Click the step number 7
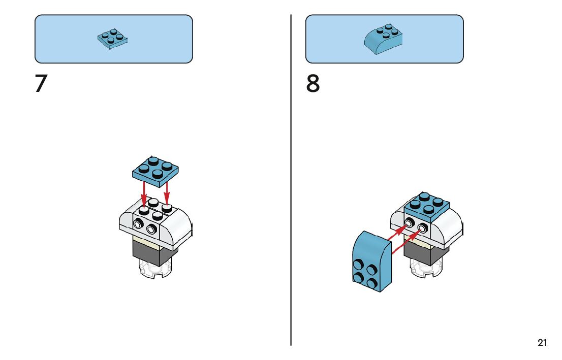tap(41, 84)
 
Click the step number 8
tap(313, 84)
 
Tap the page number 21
tap(542, 343)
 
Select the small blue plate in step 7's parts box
tap(113, 39)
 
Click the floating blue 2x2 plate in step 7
tap(155, 169)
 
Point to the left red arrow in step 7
tap(144, 194)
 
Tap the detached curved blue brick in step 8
tap(371, 262)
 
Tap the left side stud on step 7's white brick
tap(138, 224)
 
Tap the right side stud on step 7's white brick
tap(151, 230)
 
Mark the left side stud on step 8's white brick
tap(409, 224)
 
